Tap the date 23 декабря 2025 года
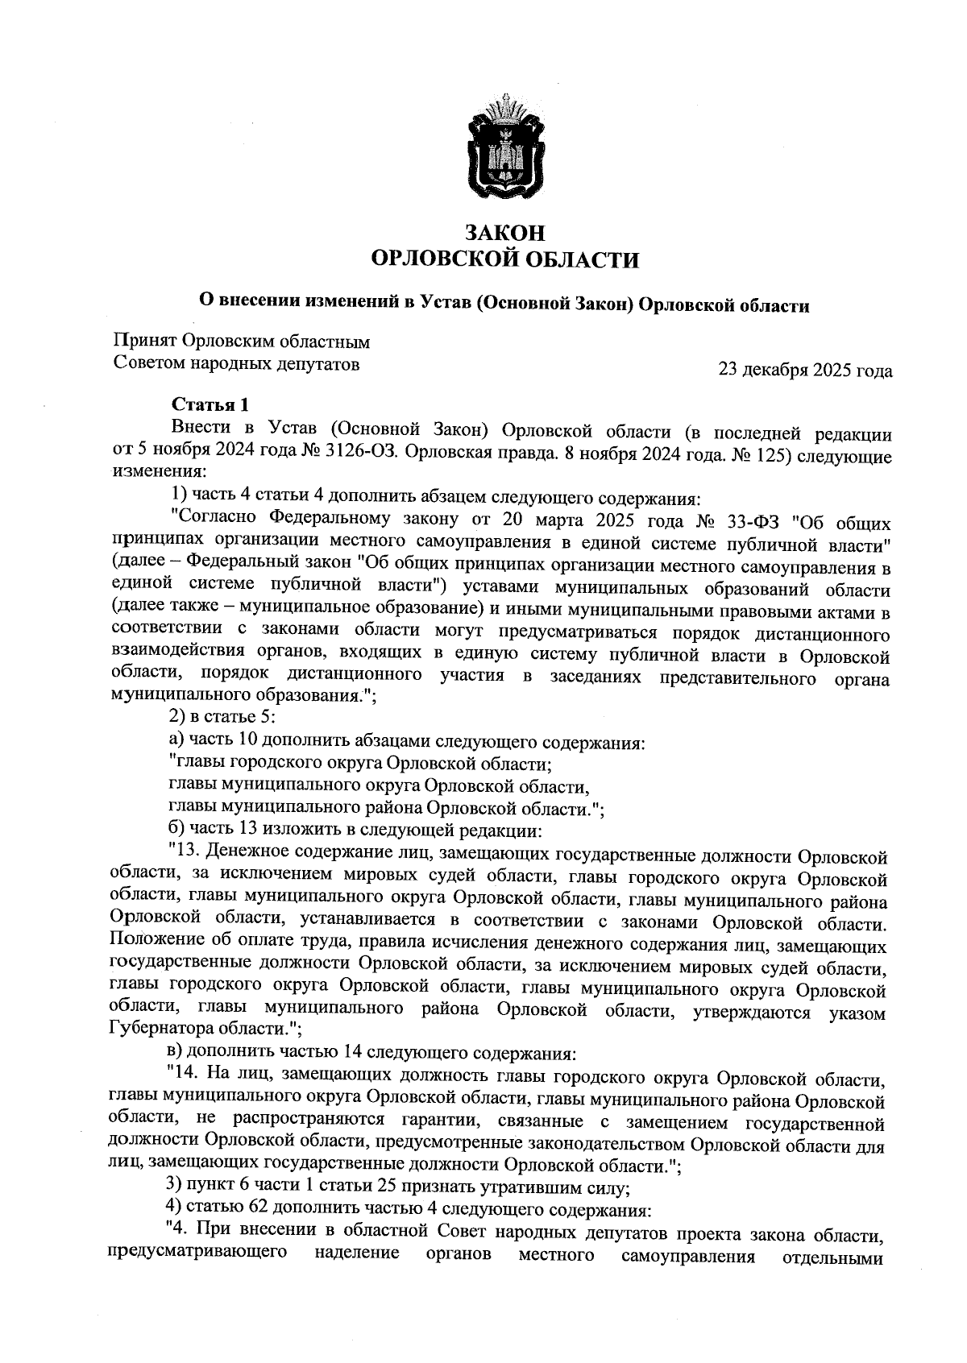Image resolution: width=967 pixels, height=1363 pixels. click(805, 371)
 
